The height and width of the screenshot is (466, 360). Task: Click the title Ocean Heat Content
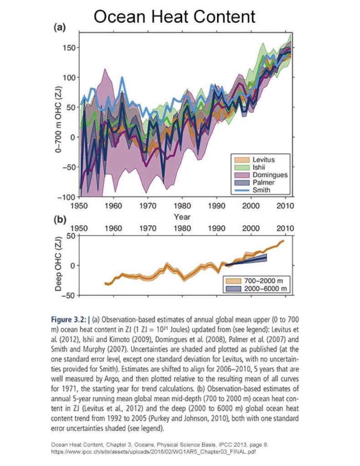[x=175, y=17]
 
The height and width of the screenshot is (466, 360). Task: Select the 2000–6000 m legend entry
[x=263, y=288]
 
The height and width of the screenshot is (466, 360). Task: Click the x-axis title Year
[x=182, y=217]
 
